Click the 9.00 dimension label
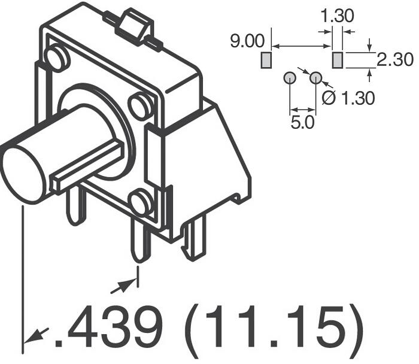(x=247, y=41)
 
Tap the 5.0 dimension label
(x=302, y=123)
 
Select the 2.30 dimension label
(x=395, y=60)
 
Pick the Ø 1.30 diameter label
(x=348, y=98)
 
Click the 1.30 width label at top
(x=337, y=16)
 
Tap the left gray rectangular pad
(x=266, y=60)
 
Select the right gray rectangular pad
(x=337, y=60)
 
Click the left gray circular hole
(x=290, y=78)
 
